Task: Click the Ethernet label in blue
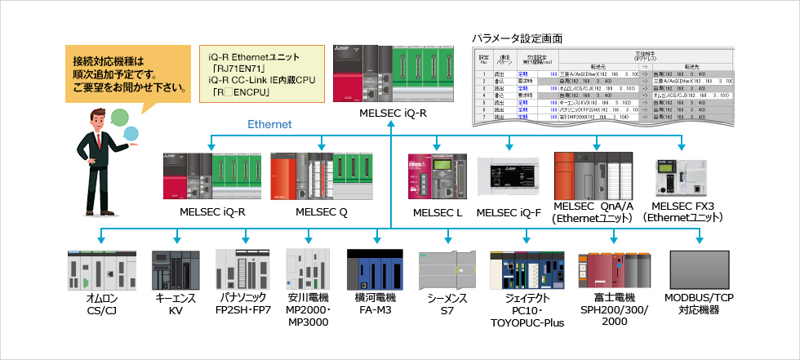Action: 269,124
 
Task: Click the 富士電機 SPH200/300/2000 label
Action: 616,310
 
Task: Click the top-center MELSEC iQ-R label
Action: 393,113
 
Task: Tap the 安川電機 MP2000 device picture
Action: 309,269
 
